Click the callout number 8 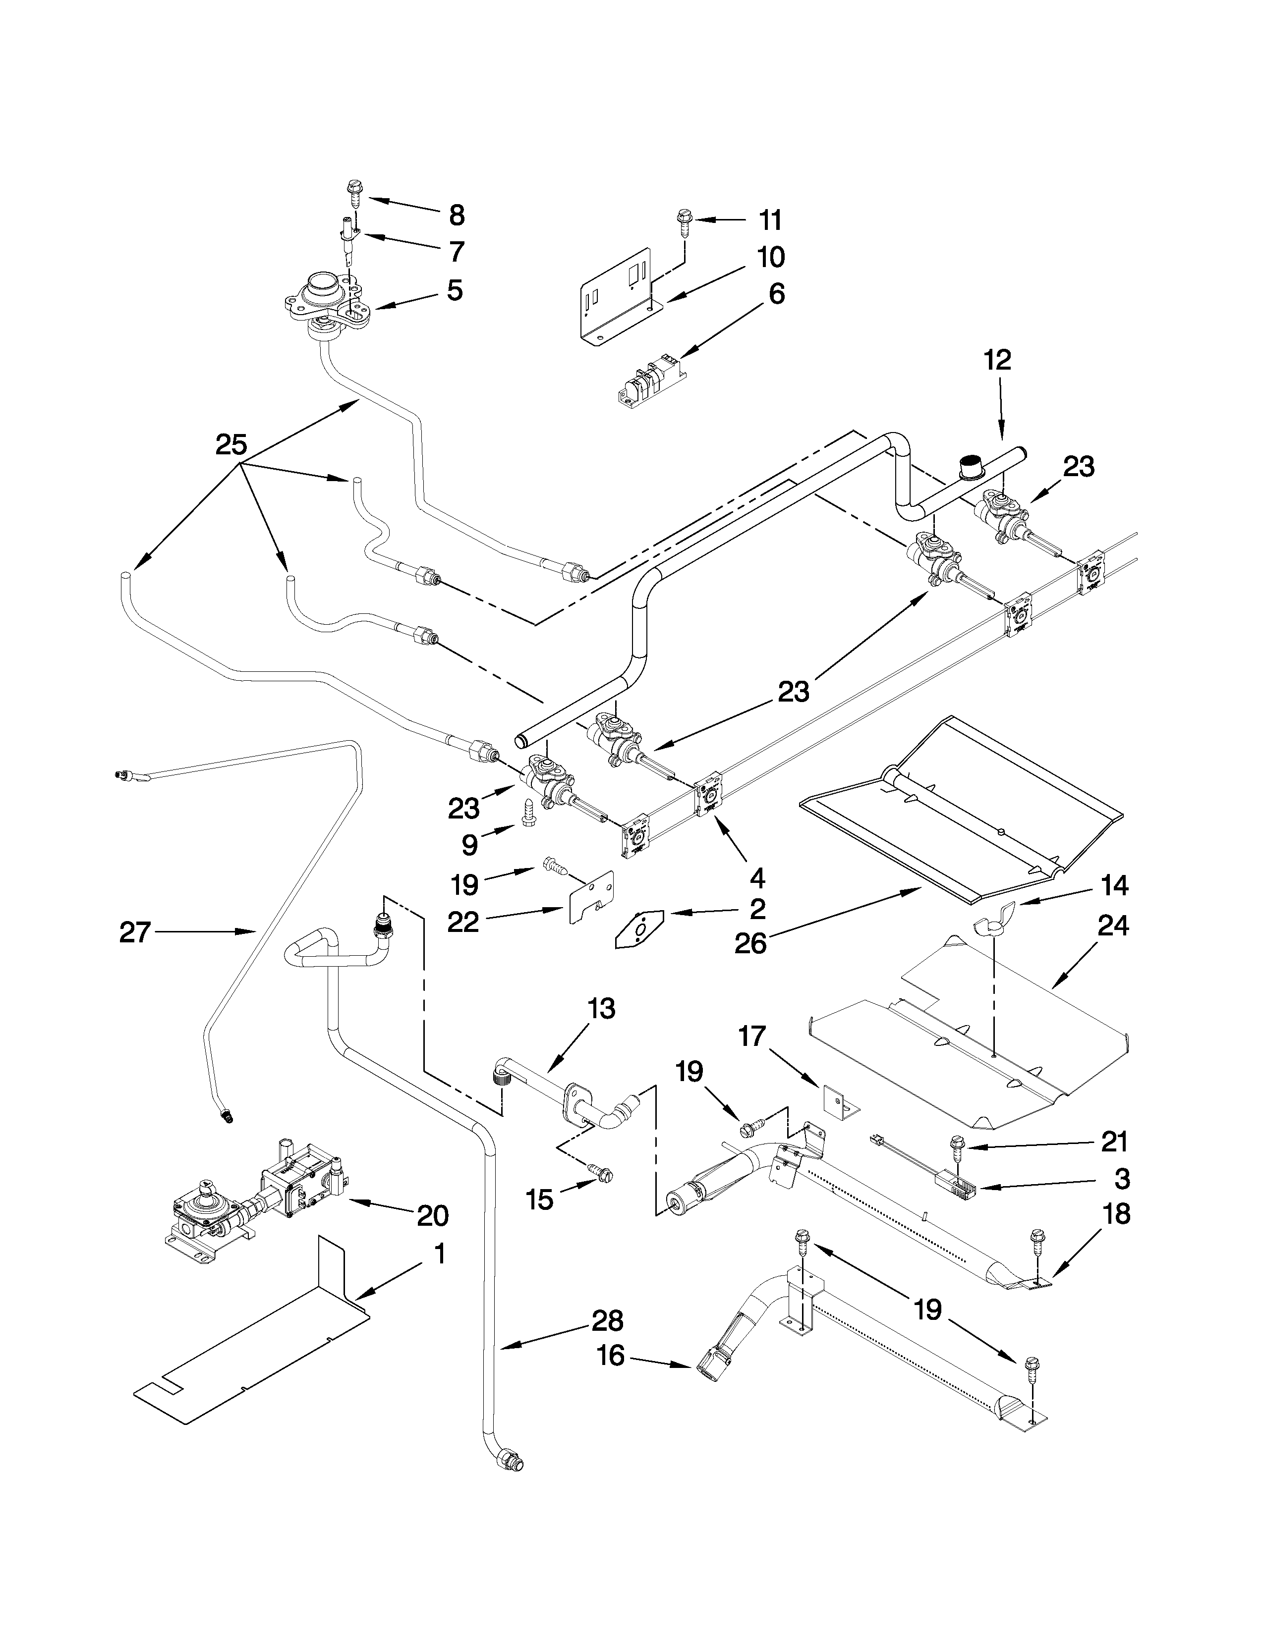pyautogui.click(x=456, y=215)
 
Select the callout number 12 pyautogui.click(x=997, y=360)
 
